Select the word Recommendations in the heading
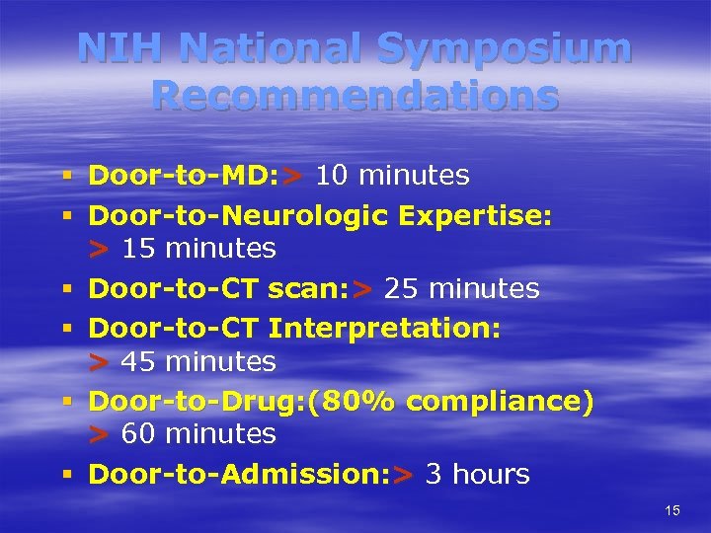point(355,95)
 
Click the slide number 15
point(672,510)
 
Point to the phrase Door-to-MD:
point(183,176)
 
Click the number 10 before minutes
point(332,176)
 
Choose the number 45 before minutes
point(138,362)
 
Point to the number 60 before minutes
point(138,433)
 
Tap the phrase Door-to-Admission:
point(236,475)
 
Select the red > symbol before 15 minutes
point(98,250)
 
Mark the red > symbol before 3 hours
point(402,476)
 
